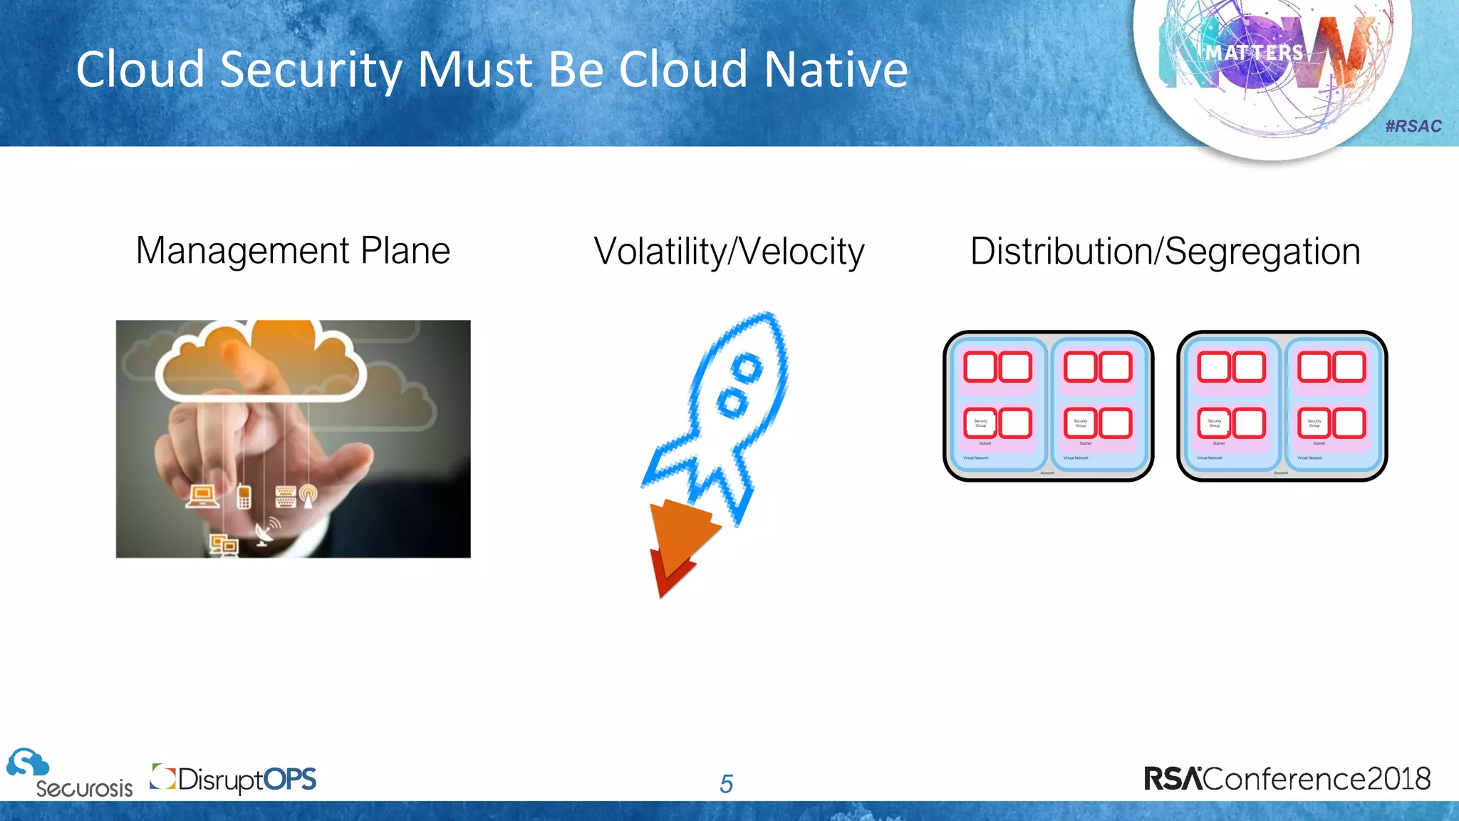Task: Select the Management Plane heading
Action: click(293, 251)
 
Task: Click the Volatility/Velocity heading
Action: click(729, 252)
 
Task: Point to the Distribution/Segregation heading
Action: click(1165, 252)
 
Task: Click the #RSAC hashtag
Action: click(1413, 126)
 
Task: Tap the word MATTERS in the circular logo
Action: click(1254, 53)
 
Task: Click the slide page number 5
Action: click(726, 784)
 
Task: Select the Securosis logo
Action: click(69, 774)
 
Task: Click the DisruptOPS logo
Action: click(234, 779)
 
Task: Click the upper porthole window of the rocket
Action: click(747, 368)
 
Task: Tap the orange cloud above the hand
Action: click(260, 360)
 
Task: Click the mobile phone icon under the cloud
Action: click(244, 496)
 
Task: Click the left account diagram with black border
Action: click(1048, 406)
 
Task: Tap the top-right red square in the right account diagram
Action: click(1349, 367)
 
